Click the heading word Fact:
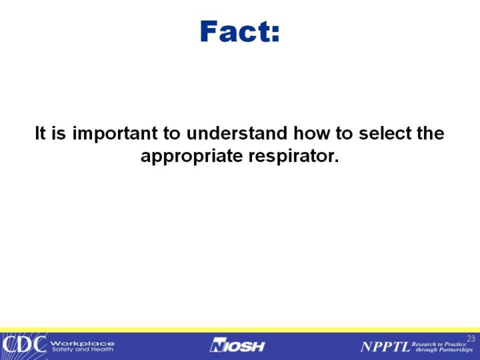point(240,31)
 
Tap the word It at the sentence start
point(40,133)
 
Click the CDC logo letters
point(24,345)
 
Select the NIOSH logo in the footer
point(237,345)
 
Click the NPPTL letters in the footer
point(385,347)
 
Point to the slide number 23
point(471,339)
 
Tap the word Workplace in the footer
point(83,343)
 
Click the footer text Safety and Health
point(83,349)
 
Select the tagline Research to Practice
point(439,344)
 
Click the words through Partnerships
point(444,349)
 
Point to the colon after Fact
point(275,34)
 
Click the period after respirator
point(337,161)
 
